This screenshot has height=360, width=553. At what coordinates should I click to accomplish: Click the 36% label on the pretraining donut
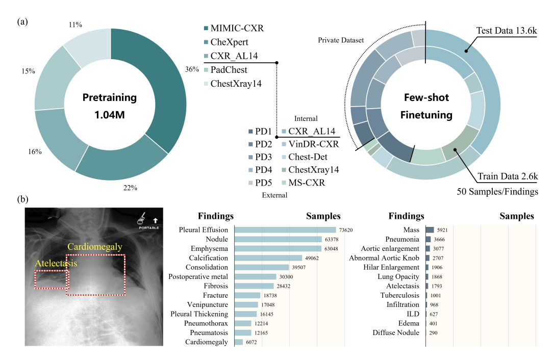192,70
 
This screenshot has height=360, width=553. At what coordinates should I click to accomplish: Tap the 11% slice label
75,24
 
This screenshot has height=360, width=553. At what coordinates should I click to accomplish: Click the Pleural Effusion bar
285,230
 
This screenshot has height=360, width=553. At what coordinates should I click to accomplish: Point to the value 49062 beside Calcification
311,258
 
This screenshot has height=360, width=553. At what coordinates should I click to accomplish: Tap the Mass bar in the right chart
430,230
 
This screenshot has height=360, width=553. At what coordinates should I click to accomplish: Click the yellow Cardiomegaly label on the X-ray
95,247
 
